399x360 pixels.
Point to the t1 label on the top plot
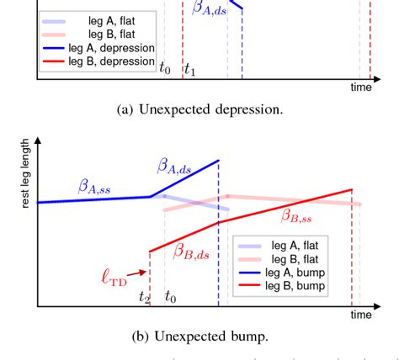tap(191, 71)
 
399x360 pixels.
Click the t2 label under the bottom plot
tap(145, 298)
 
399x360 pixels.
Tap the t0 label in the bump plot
tap(171, 297)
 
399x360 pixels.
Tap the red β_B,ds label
tap(192, 250)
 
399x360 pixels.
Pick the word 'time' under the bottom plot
tap(361, 315)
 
